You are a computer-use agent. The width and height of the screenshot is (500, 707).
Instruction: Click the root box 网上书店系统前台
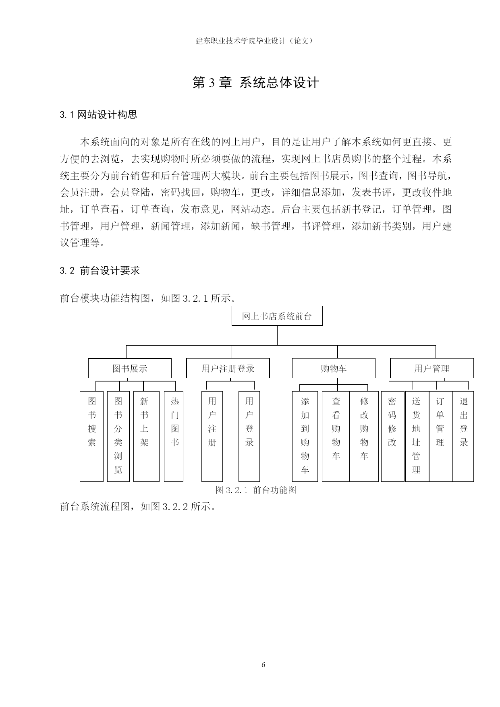point(277,316)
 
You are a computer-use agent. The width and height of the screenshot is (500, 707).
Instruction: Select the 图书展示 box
point(129,368)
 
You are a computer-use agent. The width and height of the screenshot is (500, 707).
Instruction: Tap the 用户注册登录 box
point(228,368)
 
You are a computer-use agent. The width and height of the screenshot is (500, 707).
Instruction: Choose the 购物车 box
point(333,368)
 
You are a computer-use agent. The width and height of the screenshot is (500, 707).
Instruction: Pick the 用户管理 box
point(432,368)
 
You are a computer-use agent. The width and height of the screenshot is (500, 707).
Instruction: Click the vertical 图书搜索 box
point(92,436)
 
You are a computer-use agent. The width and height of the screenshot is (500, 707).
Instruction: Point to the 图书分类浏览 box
point(118,436)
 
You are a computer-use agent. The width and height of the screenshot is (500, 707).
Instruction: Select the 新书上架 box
point(144,436)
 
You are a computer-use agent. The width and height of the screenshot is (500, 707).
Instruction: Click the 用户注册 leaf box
point(212,436)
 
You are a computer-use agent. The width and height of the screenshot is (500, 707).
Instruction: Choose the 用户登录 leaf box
point(249,436)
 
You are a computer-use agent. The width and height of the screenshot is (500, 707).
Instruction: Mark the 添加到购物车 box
point(305,436)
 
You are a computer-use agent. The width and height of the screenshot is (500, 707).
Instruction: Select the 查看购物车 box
point(336,436)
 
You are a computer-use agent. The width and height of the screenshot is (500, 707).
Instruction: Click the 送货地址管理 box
point(417,436)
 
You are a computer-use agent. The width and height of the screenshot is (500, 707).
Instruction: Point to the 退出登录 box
point(463,436)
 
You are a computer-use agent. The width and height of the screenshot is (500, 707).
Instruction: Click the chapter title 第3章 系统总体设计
point(256,83)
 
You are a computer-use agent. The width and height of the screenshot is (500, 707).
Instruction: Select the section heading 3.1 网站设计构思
point(99,115)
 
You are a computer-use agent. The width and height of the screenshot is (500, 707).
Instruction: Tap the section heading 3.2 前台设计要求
point(100,271)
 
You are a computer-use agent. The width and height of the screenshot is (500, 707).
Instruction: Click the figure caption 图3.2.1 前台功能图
point(256,490)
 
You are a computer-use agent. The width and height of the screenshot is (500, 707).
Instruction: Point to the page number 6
point(263,665)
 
